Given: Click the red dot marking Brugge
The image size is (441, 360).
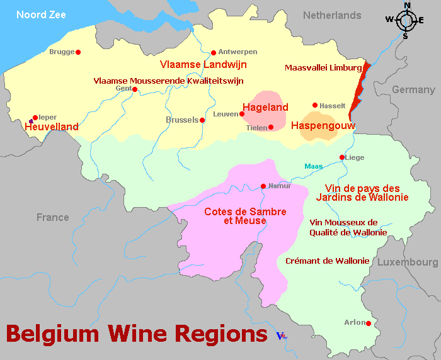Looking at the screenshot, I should point(78,52).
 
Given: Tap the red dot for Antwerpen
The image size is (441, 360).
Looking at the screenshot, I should point(214,52).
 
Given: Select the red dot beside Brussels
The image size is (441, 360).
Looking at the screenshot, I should point(202,120).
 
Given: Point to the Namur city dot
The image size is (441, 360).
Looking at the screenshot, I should point(263,186).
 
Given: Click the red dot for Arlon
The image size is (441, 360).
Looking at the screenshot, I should point(369,324).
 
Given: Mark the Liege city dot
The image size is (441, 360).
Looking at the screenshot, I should point(342,157).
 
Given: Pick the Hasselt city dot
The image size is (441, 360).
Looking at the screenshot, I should point(315,105).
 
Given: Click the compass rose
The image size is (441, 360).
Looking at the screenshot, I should point(406,20).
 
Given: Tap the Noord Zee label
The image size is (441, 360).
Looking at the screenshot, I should point(41,14).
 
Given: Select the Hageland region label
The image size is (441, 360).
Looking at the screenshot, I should point(265,108).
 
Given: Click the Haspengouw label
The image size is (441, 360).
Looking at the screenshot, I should point(323,126).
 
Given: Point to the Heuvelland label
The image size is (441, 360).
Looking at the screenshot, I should point(52,127).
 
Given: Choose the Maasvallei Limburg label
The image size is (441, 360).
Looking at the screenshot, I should point(323,67).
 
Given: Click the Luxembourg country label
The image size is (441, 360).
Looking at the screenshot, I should point(408,262).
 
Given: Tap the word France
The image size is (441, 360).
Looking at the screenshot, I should point(52,218).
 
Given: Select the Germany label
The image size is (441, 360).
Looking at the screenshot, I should point(413,90).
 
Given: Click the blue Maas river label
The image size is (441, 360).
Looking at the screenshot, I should point(313,166).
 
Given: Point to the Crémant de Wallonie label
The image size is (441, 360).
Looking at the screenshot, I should point(327,261).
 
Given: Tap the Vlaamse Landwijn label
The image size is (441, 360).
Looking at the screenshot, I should point(203,64).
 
